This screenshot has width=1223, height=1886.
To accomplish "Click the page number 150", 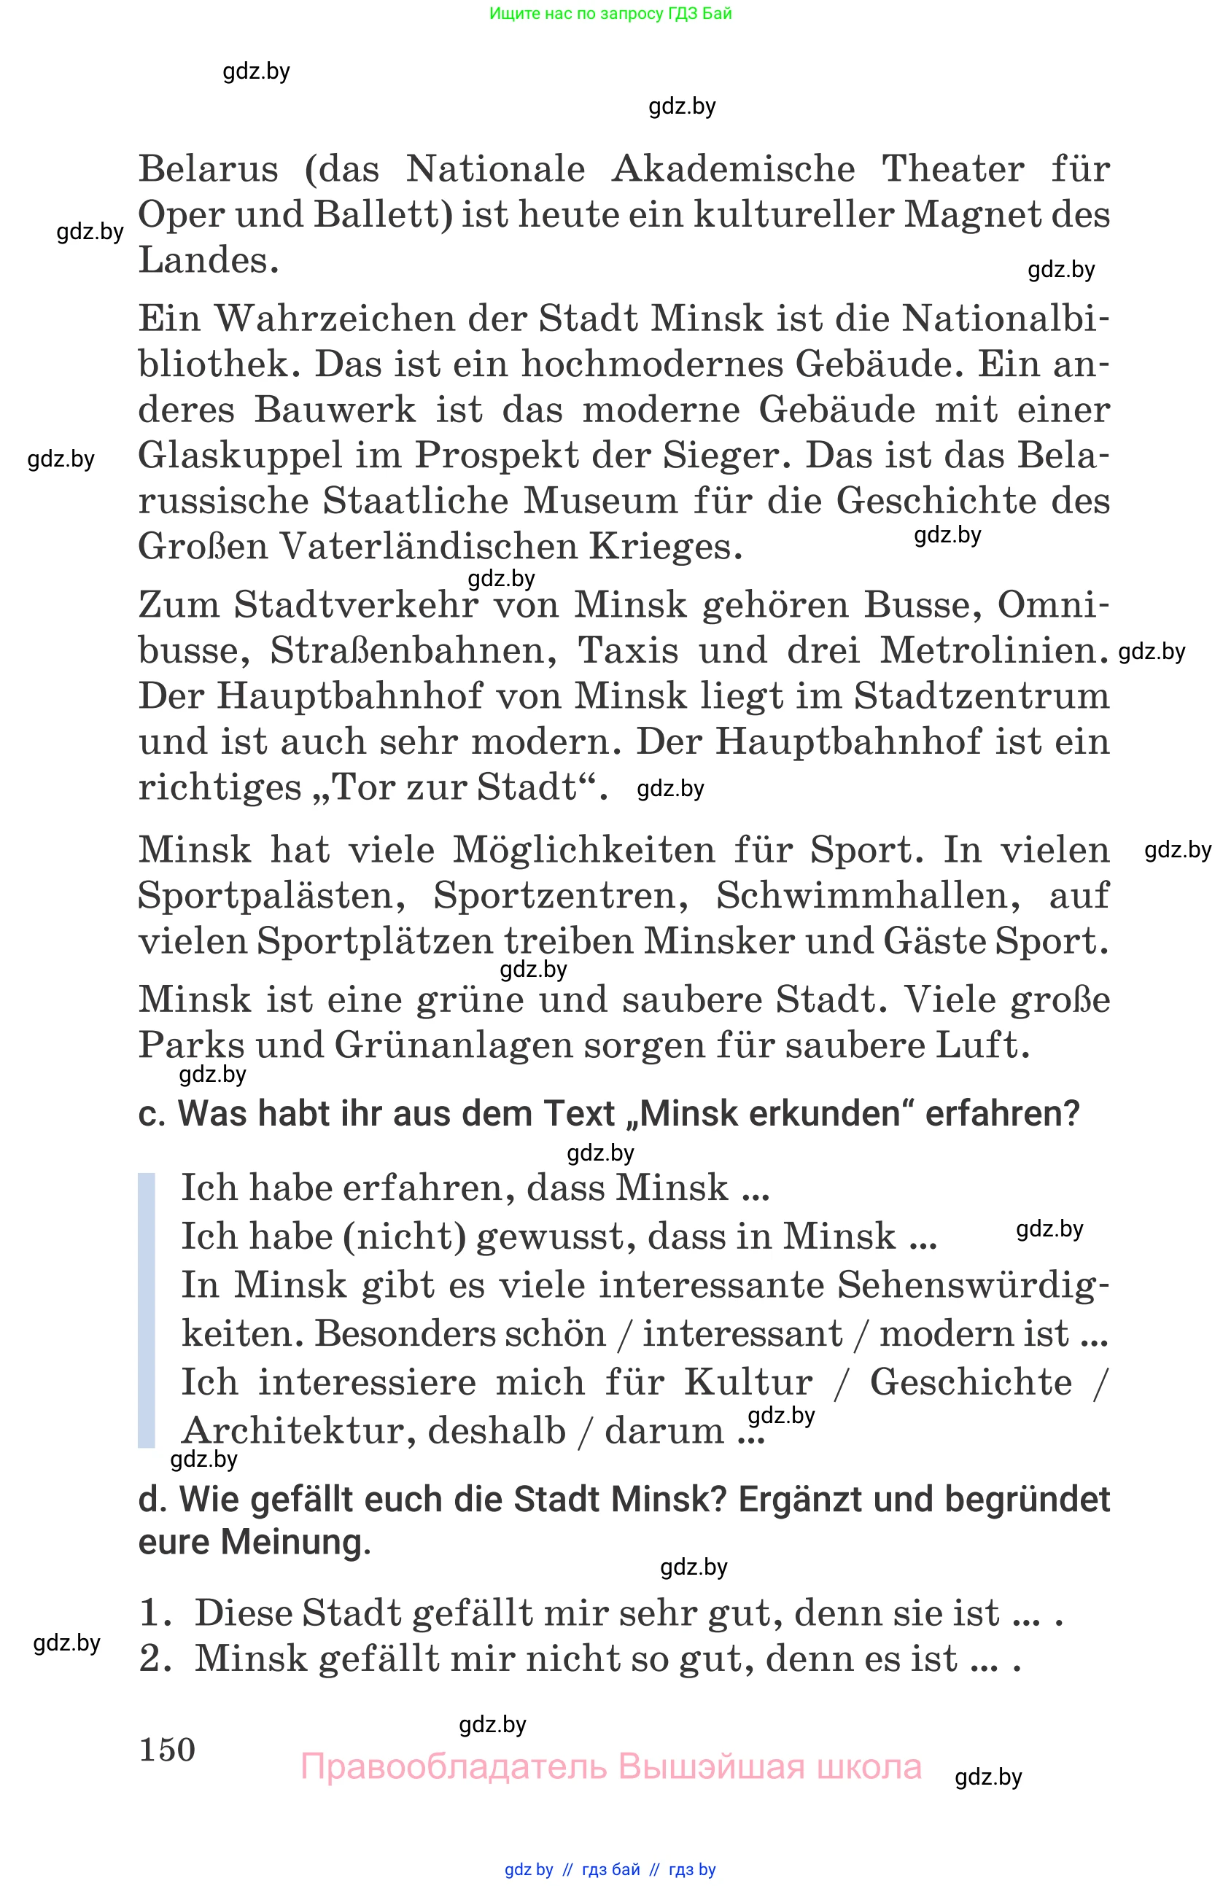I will [166, 1749].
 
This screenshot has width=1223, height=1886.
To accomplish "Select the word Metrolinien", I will [993, 650].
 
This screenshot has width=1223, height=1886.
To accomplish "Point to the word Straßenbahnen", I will [413, 650].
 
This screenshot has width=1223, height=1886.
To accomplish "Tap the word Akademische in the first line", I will [733, 169].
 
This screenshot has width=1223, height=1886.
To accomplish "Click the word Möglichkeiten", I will [583, 849].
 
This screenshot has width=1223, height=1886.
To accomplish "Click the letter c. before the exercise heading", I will [152, 1113].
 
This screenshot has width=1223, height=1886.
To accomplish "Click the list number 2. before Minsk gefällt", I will [155, 1659].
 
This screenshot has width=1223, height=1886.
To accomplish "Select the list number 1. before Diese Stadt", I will [155, 1613].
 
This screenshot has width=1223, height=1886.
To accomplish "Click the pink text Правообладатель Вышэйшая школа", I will [610, 1767].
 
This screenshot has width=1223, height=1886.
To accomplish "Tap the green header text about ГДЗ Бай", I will [610, 13].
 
